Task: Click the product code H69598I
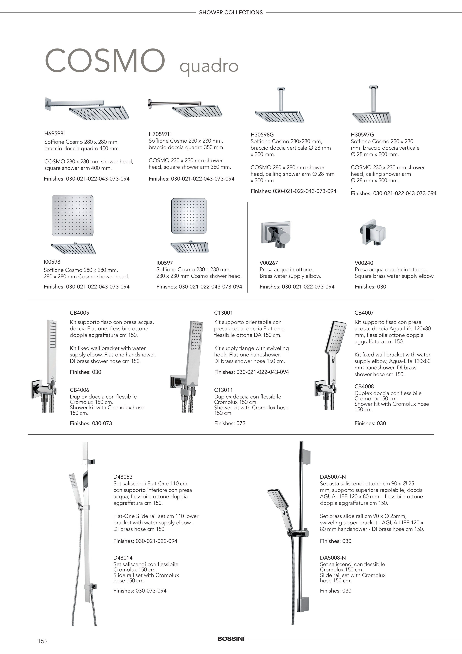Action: click(x=55, y=133)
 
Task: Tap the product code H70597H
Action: click(x=160, y=134)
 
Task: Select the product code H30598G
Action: click(x=262, y=134)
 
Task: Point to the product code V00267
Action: click(x=268, y=263)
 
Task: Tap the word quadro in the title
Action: click(x=209, y=66)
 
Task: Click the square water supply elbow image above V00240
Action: click(x=373, y=232)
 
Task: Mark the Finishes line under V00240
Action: click(x=370, y=287)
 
